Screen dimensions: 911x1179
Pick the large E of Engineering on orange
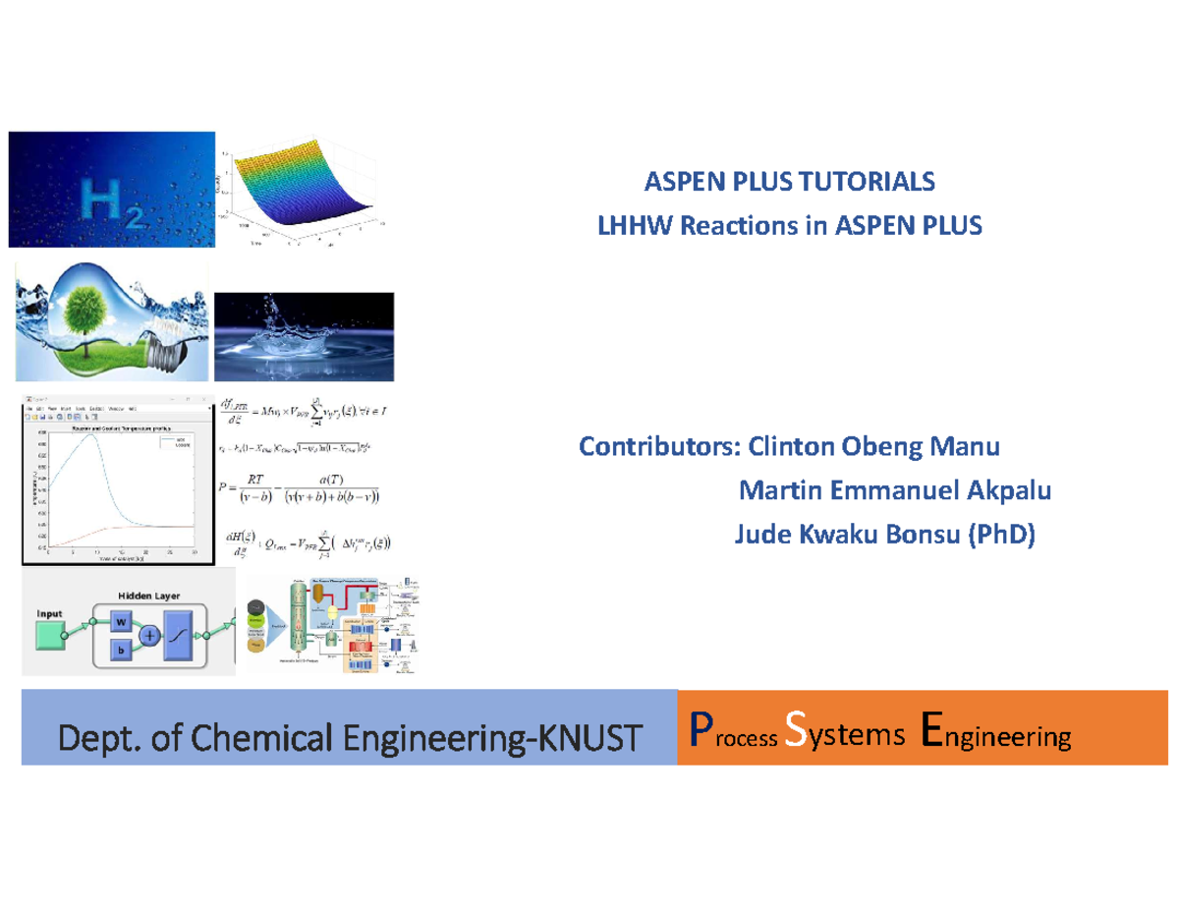pyautogui.click(x=933, y=733)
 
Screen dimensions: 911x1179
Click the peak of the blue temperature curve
pyautogui.click(x=91, y=435)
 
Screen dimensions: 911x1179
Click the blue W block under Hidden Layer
pyautogui.click(x=119, y=622)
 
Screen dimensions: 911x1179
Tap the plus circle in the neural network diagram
pyautogui.click(x=150, y=636)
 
